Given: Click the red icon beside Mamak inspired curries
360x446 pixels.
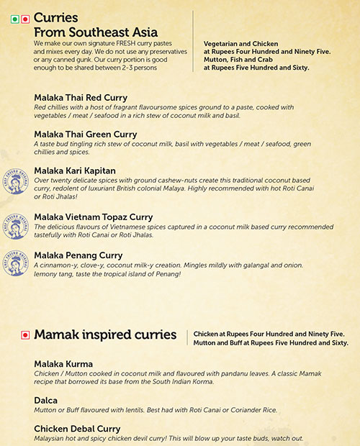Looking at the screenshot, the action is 25,334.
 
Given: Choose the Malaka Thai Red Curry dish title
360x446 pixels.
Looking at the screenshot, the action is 81,97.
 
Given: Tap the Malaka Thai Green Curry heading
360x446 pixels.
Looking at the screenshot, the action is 85,135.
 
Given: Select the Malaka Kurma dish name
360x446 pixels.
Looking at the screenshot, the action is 63,364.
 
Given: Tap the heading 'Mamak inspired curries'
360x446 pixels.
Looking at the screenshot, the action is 104,334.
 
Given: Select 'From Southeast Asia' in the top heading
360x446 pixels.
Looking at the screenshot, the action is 87,32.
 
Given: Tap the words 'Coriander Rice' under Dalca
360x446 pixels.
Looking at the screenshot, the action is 251,410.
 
